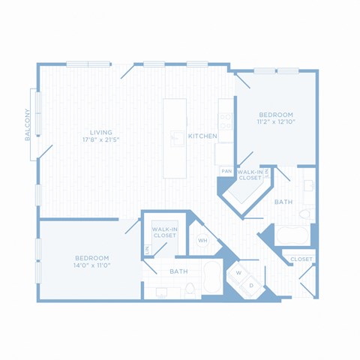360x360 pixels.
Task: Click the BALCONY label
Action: [x=28, y=124]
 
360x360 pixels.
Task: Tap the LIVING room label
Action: [x=101, y=133]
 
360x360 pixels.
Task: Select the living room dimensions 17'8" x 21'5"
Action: [x=101, y=139]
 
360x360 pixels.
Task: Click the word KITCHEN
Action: [x=202, y=136]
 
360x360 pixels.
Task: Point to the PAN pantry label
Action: [x=226, y=171]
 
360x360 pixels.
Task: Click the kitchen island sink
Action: [x=178, y=138]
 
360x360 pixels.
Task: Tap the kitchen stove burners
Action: [x=226, y=121]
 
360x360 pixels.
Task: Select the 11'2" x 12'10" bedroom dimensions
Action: [x=276, y=122]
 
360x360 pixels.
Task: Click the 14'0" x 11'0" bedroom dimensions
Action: [x=92, y=265]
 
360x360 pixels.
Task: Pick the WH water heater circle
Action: [x=202, y=241]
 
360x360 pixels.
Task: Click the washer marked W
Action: [x=238, y=273]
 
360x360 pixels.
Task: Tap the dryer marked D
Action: [x=251, y=286]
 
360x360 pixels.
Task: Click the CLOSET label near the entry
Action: [x=301, y=259]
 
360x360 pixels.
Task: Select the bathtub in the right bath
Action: [x=292, y=235]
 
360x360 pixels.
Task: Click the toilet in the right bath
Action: [x=305, y=214]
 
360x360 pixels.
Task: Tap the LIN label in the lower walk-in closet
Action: [x=147, y=250]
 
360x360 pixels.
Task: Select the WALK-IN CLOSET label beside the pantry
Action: [x=250, y=175]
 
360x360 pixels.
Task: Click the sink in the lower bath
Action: [x=161, y=292]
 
